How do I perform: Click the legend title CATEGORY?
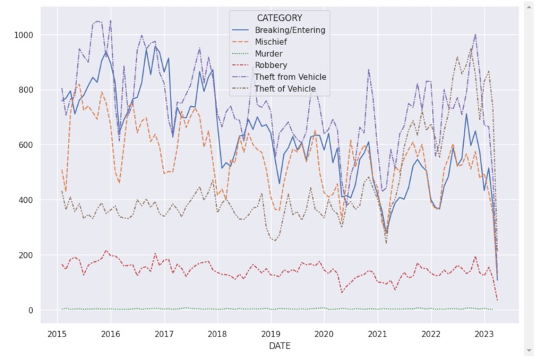click(x=279, y=18)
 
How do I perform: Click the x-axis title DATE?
click(x=279, y=347)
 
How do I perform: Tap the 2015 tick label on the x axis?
click(x=57, y=334)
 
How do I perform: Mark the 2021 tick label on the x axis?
click(x=377, y=334)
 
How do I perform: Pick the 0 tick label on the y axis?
click(x=31, y=310)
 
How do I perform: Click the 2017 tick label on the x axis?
click(x=164, y=334)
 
